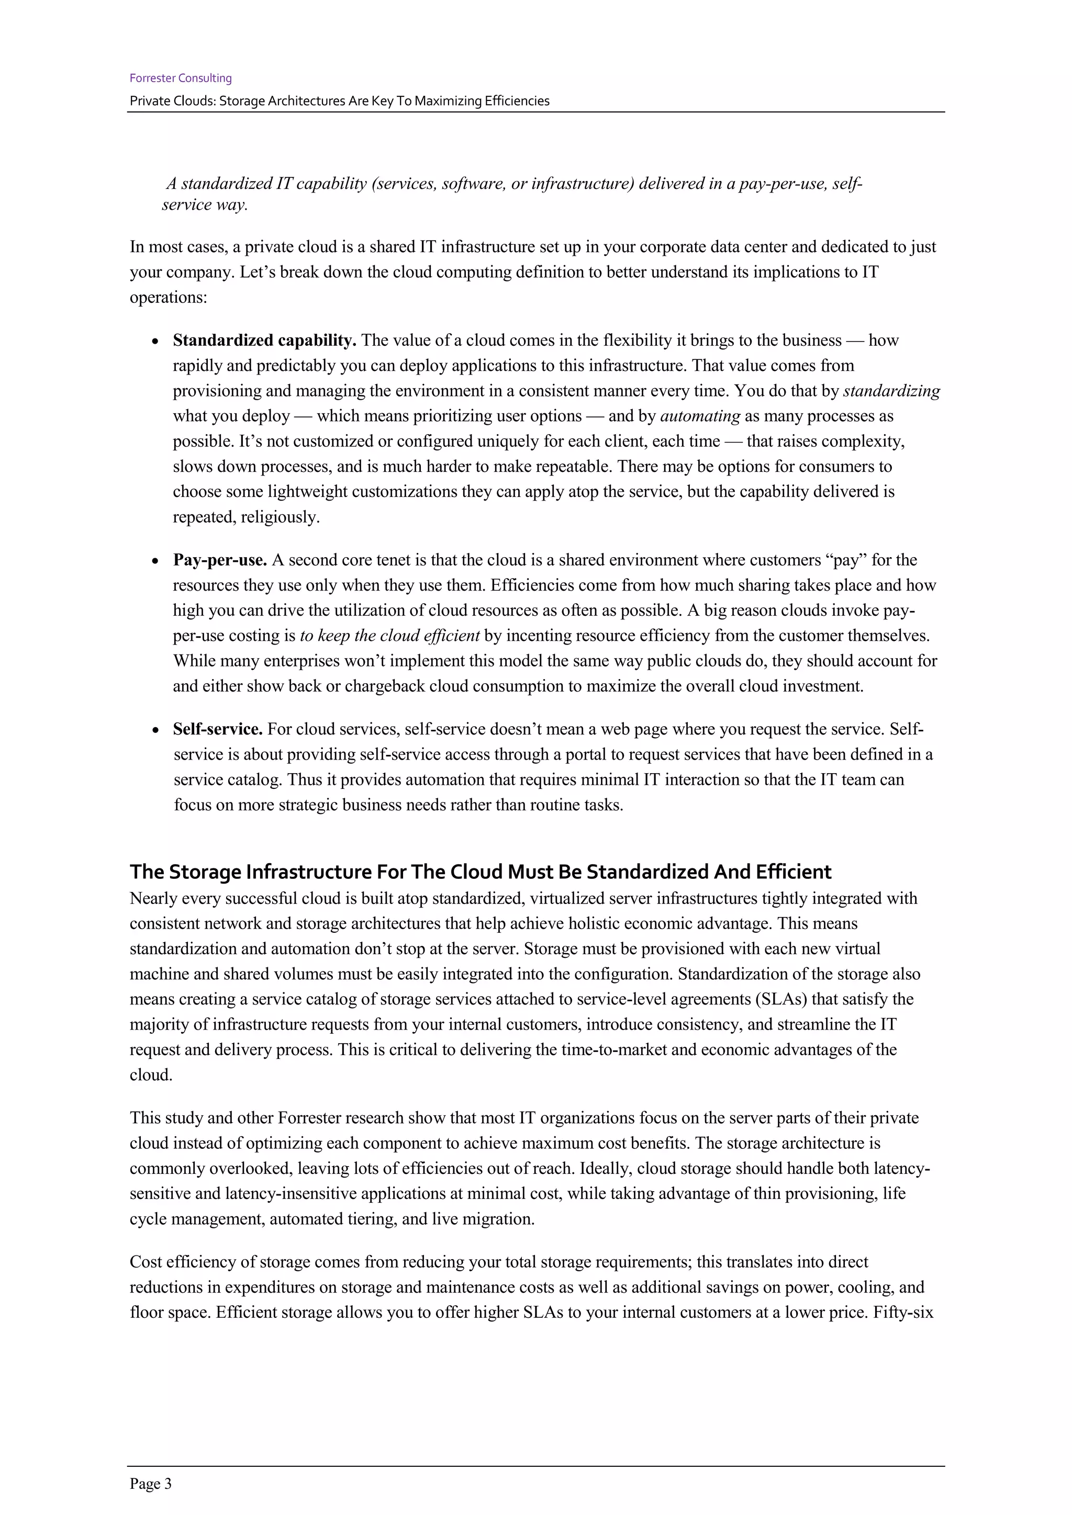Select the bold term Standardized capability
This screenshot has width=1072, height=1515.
[x=264, y=341]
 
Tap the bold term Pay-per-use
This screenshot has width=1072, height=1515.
[x=219, y=560]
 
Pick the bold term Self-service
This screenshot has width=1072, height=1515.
[x=217, y=729]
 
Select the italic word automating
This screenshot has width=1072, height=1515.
[x=700, y=416]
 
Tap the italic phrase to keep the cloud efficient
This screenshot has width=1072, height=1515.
[x=389, y=636]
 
